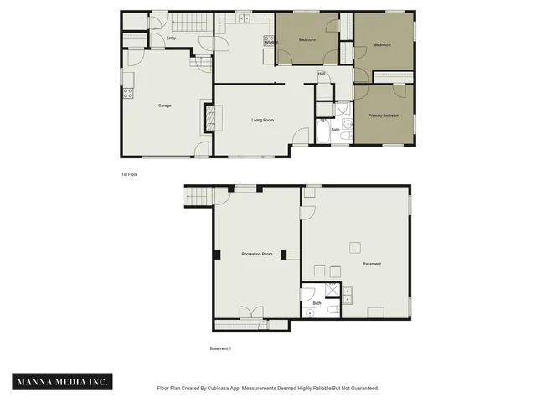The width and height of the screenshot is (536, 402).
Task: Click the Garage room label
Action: coord(165,106)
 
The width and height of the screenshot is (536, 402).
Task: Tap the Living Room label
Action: coord(263,120)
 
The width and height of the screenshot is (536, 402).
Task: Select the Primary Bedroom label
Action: coord(384,115)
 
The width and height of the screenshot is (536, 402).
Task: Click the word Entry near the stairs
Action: coord(171,38)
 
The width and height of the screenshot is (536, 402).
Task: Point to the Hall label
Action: coord(322,74)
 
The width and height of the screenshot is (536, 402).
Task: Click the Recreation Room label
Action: coord(256,254)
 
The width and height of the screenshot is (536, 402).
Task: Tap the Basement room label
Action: coord(372,264)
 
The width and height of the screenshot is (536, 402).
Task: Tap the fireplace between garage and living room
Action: coord(209,118)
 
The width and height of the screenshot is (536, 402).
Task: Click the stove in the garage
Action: coord(128,93)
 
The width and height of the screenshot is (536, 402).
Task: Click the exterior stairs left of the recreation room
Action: coord(195,197)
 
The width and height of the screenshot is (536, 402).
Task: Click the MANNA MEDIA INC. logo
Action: coord(63,382)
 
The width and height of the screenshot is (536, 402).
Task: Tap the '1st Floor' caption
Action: coord(130,174)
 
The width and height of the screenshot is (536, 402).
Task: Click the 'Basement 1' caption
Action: coord(220,348)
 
